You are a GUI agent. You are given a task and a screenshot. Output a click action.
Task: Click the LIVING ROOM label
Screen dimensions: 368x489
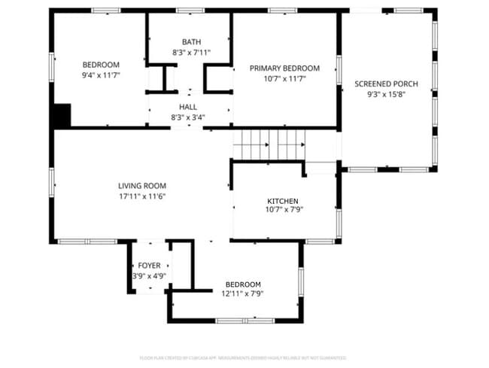[x=141, y=186]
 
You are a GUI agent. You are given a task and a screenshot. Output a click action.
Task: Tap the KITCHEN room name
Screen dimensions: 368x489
[x=283, y=201]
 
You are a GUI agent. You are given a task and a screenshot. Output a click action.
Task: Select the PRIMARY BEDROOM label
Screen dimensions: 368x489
[x=285, y=68]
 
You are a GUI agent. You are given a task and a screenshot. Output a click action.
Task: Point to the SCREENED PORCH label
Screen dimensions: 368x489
[x=386, y=84]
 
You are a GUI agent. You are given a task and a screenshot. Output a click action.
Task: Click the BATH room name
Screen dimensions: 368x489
[x=191, y=42]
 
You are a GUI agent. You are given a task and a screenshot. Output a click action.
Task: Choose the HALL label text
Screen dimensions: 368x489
[x=188, y=108]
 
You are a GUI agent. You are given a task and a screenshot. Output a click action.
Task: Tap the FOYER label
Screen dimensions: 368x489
[x=149, y=266]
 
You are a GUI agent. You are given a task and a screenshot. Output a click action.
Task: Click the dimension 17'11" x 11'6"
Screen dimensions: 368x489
[x=141, y=196]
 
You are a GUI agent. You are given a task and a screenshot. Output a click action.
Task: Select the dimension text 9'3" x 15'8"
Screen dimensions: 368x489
[x=386, y=94]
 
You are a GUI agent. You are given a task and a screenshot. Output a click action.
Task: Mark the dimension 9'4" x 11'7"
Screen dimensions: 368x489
[x=101, y=75]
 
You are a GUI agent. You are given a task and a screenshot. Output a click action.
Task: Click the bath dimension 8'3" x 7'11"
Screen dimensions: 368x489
[x=191, y=53]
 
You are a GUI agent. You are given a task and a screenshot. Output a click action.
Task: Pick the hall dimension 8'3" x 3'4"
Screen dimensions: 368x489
[x=188, y=117]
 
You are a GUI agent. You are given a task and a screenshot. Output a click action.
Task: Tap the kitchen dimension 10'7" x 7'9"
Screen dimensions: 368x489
[x=283, y=211]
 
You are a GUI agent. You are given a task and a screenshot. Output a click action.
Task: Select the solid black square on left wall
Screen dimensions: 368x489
[x=61, y=115]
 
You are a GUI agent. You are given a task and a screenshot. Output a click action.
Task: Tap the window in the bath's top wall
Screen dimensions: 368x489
[x=190, y=11]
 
